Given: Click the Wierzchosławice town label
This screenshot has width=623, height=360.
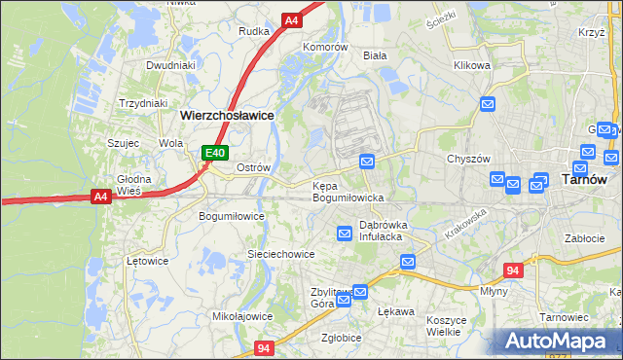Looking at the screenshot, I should (226, 114).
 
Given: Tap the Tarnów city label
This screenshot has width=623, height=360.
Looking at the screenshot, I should (585, 179).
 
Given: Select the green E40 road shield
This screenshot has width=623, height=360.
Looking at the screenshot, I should (215, 153).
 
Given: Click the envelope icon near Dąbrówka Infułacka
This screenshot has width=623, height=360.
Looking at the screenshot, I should (345, 233).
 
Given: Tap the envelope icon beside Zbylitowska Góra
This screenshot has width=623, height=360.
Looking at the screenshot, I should (360, 291).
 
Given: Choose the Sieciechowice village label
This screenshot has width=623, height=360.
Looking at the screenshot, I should (280, 254).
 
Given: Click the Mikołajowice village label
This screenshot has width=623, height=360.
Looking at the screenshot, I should (241, 316).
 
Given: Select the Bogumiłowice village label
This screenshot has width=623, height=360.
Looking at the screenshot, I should (232, 216).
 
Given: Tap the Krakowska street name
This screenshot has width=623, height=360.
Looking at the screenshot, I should (465, 226).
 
